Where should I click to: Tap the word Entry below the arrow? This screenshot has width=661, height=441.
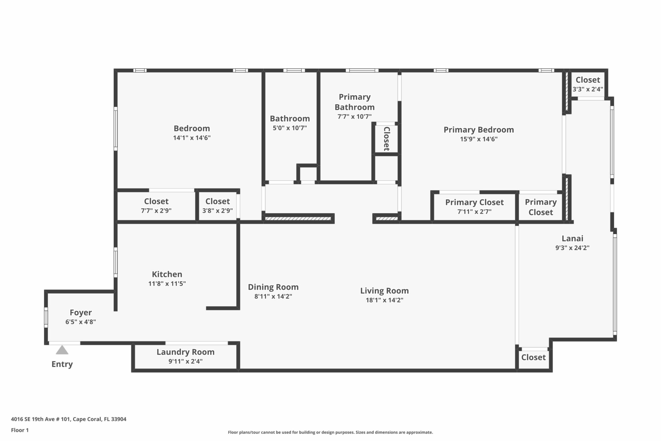point(62,364)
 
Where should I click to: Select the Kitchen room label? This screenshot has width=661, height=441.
point(167,274)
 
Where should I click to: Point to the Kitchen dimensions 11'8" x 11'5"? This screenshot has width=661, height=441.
point(167,284)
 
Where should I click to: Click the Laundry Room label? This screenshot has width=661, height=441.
point(185,352)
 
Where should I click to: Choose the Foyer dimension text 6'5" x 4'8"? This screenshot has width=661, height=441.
point(81,322)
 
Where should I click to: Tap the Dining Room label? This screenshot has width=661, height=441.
point(273,287)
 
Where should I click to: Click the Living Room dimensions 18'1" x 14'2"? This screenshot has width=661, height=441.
point(385,300)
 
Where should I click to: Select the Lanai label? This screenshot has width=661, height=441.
point(573,239)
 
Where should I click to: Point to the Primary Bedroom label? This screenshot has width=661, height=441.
point(479,130)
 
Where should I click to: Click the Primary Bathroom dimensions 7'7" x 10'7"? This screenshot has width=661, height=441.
point(354,116)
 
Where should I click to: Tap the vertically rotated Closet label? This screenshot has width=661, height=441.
point(387,139)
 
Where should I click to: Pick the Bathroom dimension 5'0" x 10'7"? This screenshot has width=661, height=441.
point(290,128)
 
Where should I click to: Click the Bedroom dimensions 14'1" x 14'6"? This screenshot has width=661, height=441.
point(192,138)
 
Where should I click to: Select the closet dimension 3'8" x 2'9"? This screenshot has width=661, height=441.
point(217,211)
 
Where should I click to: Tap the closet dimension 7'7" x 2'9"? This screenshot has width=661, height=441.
point(156,211)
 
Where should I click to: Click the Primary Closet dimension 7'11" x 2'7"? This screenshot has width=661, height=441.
point(474,211)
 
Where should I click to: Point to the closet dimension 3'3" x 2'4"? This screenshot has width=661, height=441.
point(588,89)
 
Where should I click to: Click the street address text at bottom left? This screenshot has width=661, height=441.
point(69,419)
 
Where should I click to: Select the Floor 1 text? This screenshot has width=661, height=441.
point(20,430)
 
